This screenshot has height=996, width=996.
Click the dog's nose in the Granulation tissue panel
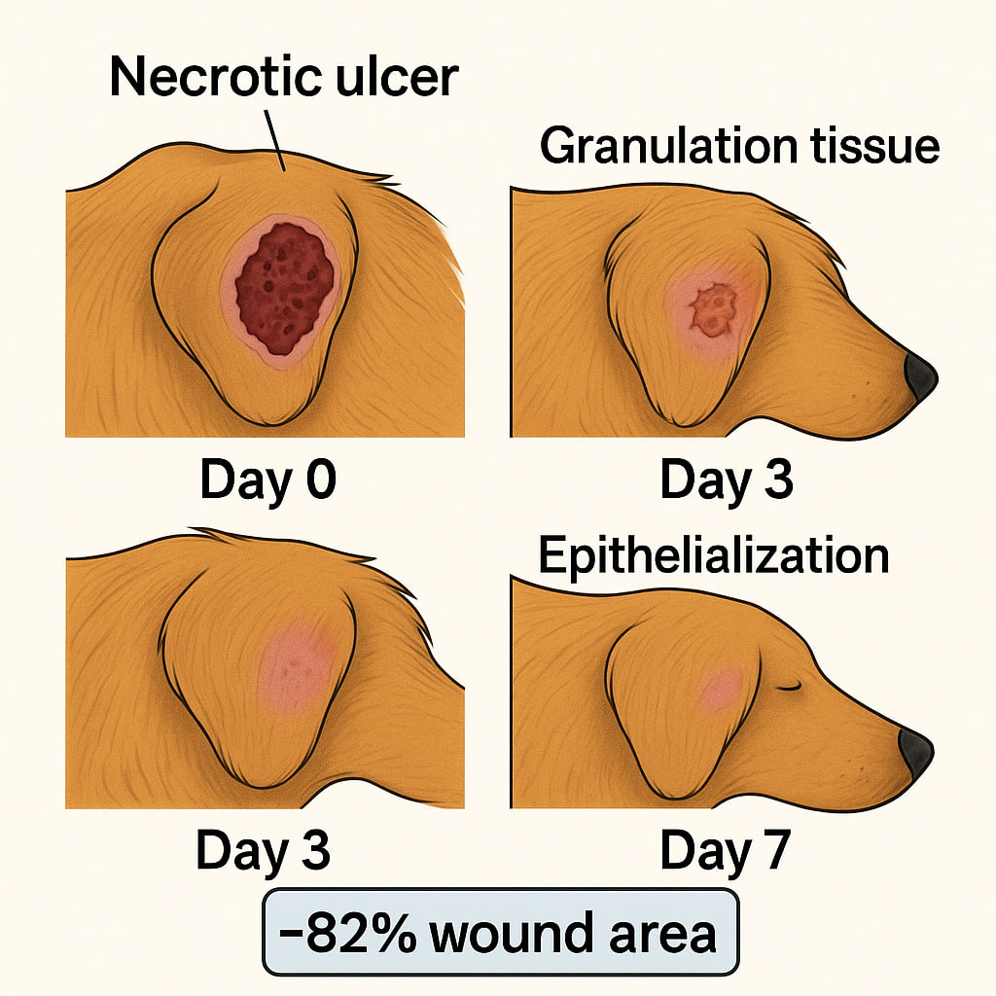[920, 377]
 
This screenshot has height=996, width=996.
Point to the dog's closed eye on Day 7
[789, 687]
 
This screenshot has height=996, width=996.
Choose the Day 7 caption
[725, 852]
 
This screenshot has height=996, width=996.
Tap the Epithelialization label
[713, 555]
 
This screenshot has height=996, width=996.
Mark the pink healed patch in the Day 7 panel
[720, 689]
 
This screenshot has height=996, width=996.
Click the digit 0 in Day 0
[315, 480]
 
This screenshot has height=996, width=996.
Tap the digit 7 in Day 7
[770, 852]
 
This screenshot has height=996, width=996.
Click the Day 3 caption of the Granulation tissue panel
[726, 480]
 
